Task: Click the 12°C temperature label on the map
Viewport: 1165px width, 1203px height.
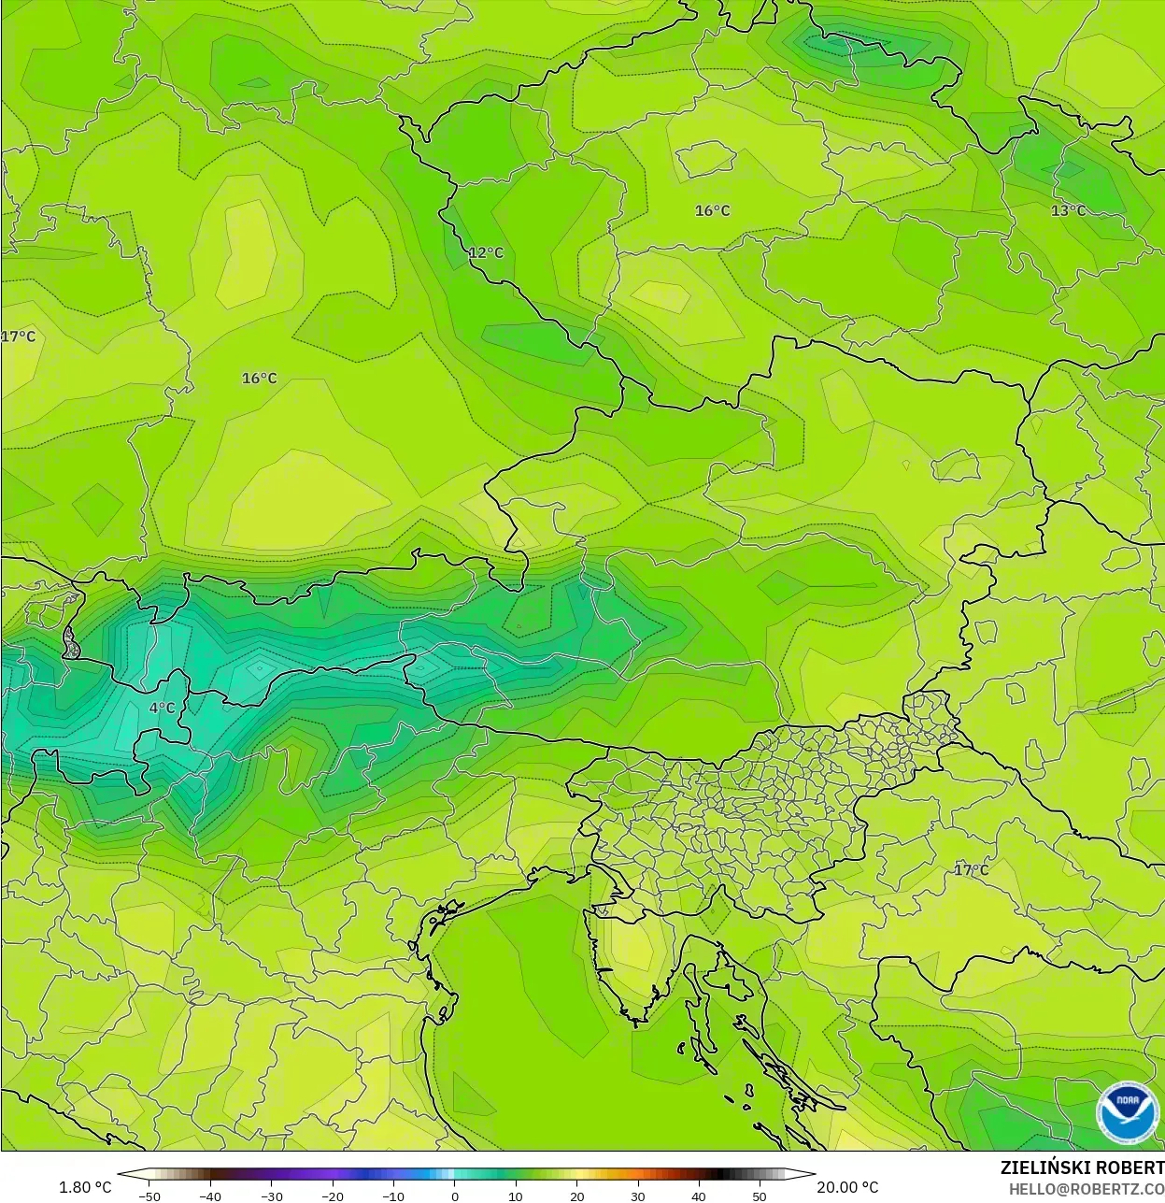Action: pos(486,252)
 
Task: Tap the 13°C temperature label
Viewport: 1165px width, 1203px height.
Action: pos(1069,210)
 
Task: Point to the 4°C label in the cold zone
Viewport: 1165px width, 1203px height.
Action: pos(163,708)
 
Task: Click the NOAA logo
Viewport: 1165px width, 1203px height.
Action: pos(1128,1112)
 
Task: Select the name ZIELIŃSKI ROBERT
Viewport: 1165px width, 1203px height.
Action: pos(1082,1167)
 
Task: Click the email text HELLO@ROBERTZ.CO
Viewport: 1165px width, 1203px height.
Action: pos(1087,1188)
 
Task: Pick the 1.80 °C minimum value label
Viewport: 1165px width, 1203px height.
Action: pos(85,1187)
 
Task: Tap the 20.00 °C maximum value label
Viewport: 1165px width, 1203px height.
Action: pos(847,1187)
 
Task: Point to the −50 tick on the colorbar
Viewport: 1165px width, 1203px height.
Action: pos(149,1196)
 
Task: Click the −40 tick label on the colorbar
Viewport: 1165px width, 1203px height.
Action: pos(210,1196)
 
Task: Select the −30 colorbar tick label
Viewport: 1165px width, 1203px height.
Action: pos(271,1196)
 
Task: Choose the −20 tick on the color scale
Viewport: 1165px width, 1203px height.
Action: pos(333,1196)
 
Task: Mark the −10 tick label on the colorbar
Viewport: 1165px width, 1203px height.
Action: pos(393,1196)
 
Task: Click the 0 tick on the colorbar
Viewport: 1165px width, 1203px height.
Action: pos(455,1196)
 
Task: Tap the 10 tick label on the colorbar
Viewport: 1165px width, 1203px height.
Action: pos(516,1196)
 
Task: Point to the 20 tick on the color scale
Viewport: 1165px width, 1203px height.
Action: pos(577,1196)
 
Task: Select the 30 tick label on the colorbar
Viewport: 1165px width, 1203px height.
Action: pos(638,1196)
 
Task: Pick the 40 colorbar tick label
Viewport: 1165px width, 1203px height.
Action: pos(699,1196)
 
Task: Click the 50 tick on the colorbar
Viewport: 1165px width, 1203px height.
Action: pos(760,1196)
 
